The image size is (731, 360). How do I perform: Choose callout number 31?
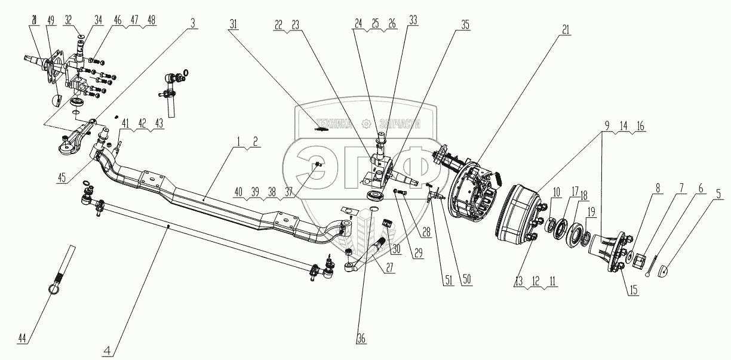pos(233,24)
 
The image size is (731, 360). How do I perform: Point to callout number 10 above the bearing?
pos(556,192)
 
